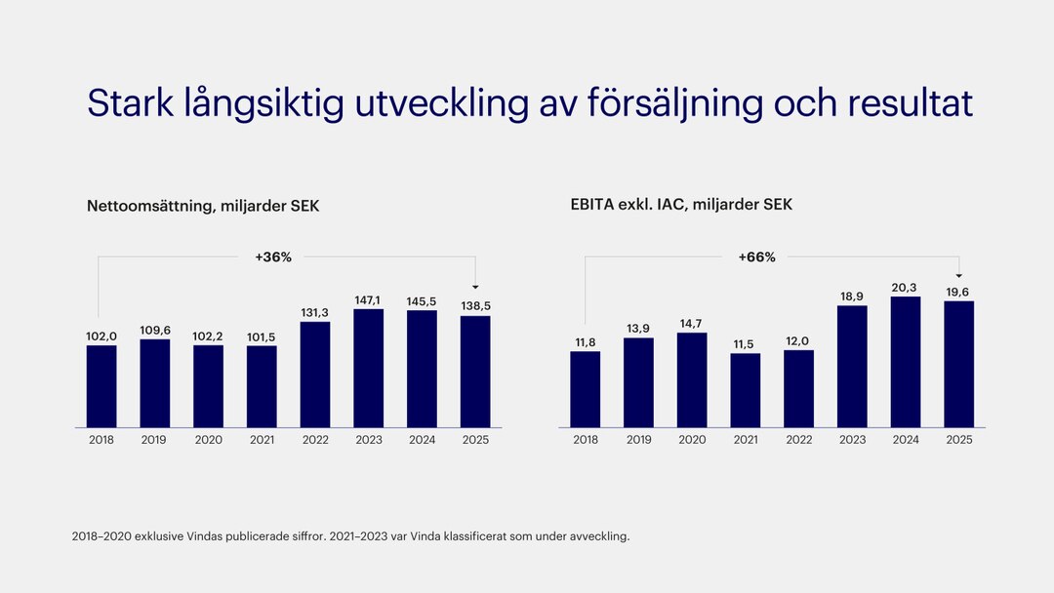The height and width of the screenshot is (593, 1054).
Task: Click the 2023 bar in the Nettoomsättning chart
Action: tap(368, 369)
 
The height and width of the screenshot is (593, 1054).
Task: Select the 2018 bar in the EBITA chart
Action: tap(586, 389)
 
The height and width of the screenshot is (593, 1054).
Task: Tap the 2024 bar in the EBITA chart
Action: tap(906, 362)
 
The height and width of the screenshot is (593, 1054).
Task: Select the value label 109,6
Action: tap(154, 330)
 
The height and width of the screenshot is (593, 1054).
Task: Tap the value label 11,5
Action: tap(746, 343)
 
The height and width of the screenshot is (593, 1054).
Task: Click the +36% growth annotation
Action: tap(273, 257)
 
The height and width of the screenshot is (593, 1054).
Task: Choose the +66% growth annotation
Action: tap(757, 257)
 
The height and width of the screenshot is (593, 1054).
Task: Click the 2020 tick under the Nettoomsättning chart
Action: tap(208, 440)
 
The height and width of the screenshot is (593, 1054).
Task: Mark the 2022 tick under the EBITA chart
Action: tap(798, 440)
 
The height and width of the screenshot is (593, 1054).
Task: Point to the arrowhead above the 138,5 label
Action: tap(475, 287)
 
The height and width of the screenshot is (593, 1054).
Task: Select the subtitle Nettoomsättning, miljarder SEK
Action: tap(203, 206)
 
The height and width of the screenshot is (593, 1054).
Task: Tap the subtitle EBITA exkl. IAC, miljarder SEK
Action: tap(681, 205)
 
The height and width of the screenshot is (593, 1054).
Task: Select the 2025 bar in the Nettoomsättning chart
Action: tap(475, 372)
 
